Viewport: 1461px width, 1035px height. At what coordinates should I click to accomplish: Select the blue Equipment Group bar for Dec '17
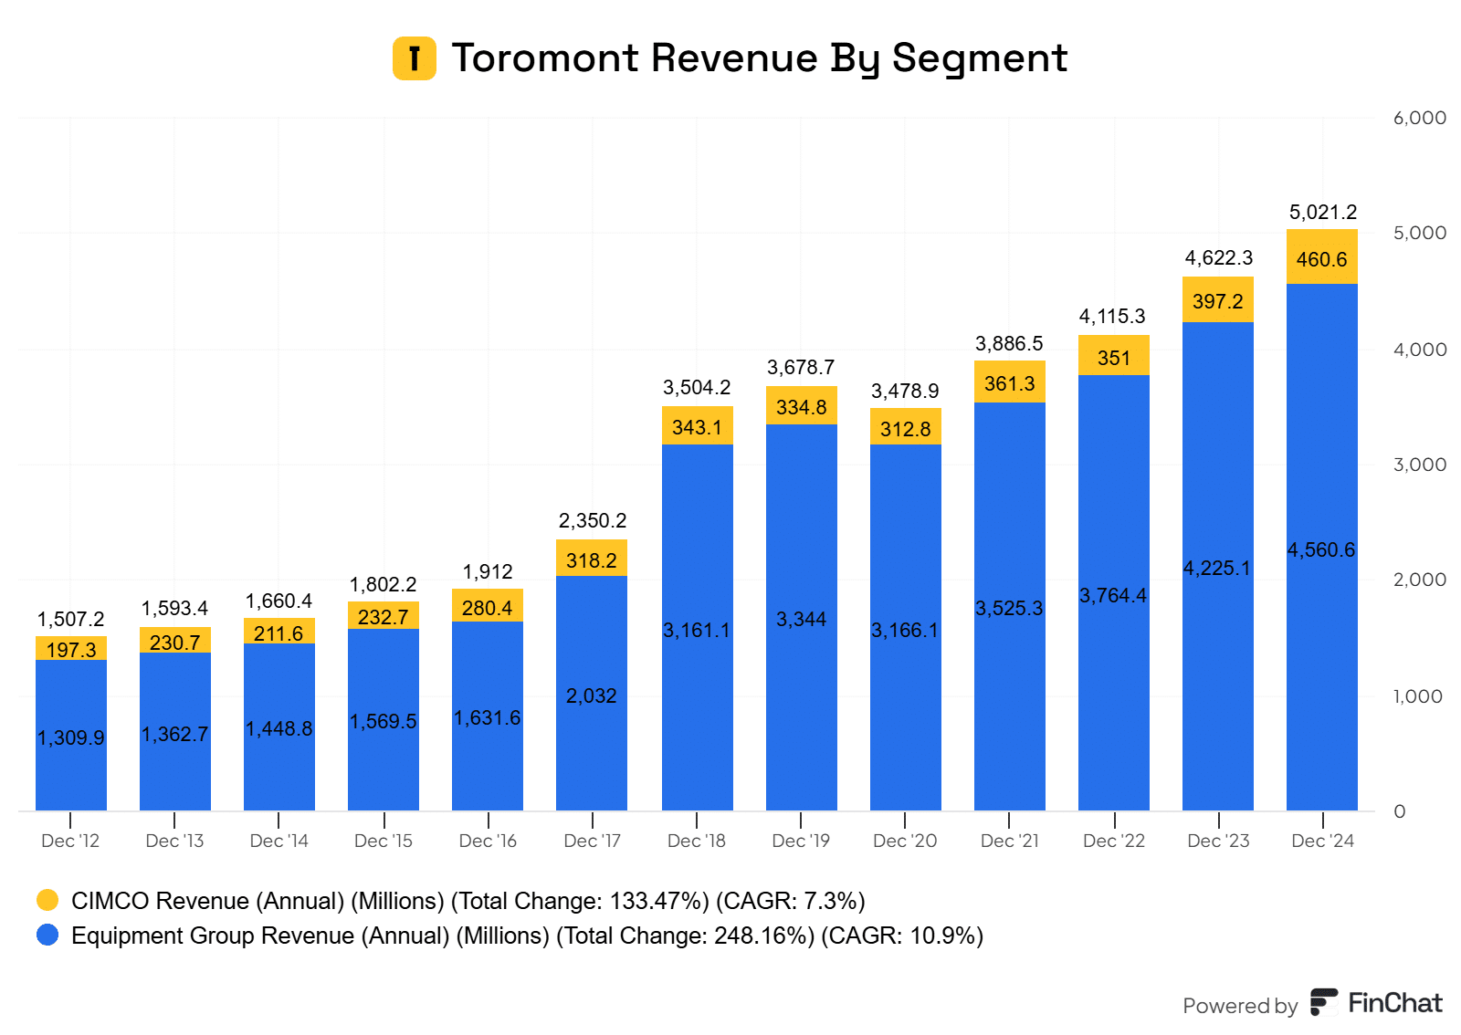pyautogui.click(x=592, y=694)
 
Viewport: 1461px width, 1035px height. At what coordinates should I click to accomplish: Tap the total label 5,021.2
pyautogui.click(x=1322, y=213)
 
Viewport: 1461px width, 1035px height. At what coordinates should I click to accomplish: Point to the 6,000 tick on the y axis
pyautogui.click(x=1419, y=118)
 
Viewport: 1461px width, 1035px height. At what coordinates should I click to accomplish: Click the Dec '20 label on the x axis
pyautogui.click(x=905, y=841)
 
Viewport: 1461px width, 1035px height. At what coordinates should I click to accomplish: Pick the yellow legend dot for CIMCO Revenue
pyautogui.click(x=47, y=900)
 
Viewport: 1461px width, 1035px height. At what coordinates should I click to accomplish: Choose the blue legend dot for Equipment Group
pyautogui.click(x=47, y=935)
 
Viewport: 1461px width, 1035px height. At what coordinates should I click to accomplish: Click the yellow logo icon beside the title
pyautogui.click(x=415, y=58)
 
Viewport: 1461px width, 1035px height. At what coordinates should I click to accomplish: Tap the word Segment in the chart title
pyautogui.click(x=979, y=58)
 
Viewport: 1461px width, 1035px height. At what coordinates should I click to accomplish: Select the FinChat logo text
pyautogui.click(x=1394, y=1003)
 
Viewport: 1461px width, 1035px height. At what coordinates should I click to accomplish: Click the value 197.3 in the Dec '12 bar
pyautogui.click(x=71, y=650)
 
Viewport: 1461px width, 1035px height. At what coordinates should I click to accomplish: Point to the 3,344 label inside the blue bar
pyautogui.click(x=801, y=620)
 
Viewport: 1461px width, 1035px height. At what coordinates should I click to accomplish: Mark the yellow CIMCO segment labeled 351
pyautogui.click(x=1114, y=357)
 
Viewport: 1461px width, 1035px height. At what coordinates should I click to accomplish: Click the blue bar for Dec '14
pyautogui.click(x=279, y=728)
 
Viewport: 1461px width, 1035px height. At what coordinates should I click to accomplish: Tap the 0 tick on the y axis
pyautogui.click(x=1400, y=811)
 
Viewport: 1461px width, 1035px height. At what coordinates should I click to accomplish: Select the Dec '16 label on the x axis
pyautogui.click(x=488, y=841)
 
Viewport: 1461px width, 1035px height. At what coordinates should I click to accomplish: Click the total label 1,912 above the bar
pyautogui.click(x=488, y=572)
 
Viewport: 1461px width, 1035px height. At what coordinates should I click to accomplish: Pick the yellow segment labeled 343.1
pyautogui.click(x=697, y=426)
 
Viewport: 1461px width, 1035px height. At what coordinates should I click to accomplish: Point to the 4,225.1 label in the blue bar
pyautogui.click(x=1217, y=569)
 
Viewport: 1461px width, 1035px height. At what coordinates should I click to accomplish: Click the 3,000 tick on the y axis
pyautogui.click(x=1419, y=465)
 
